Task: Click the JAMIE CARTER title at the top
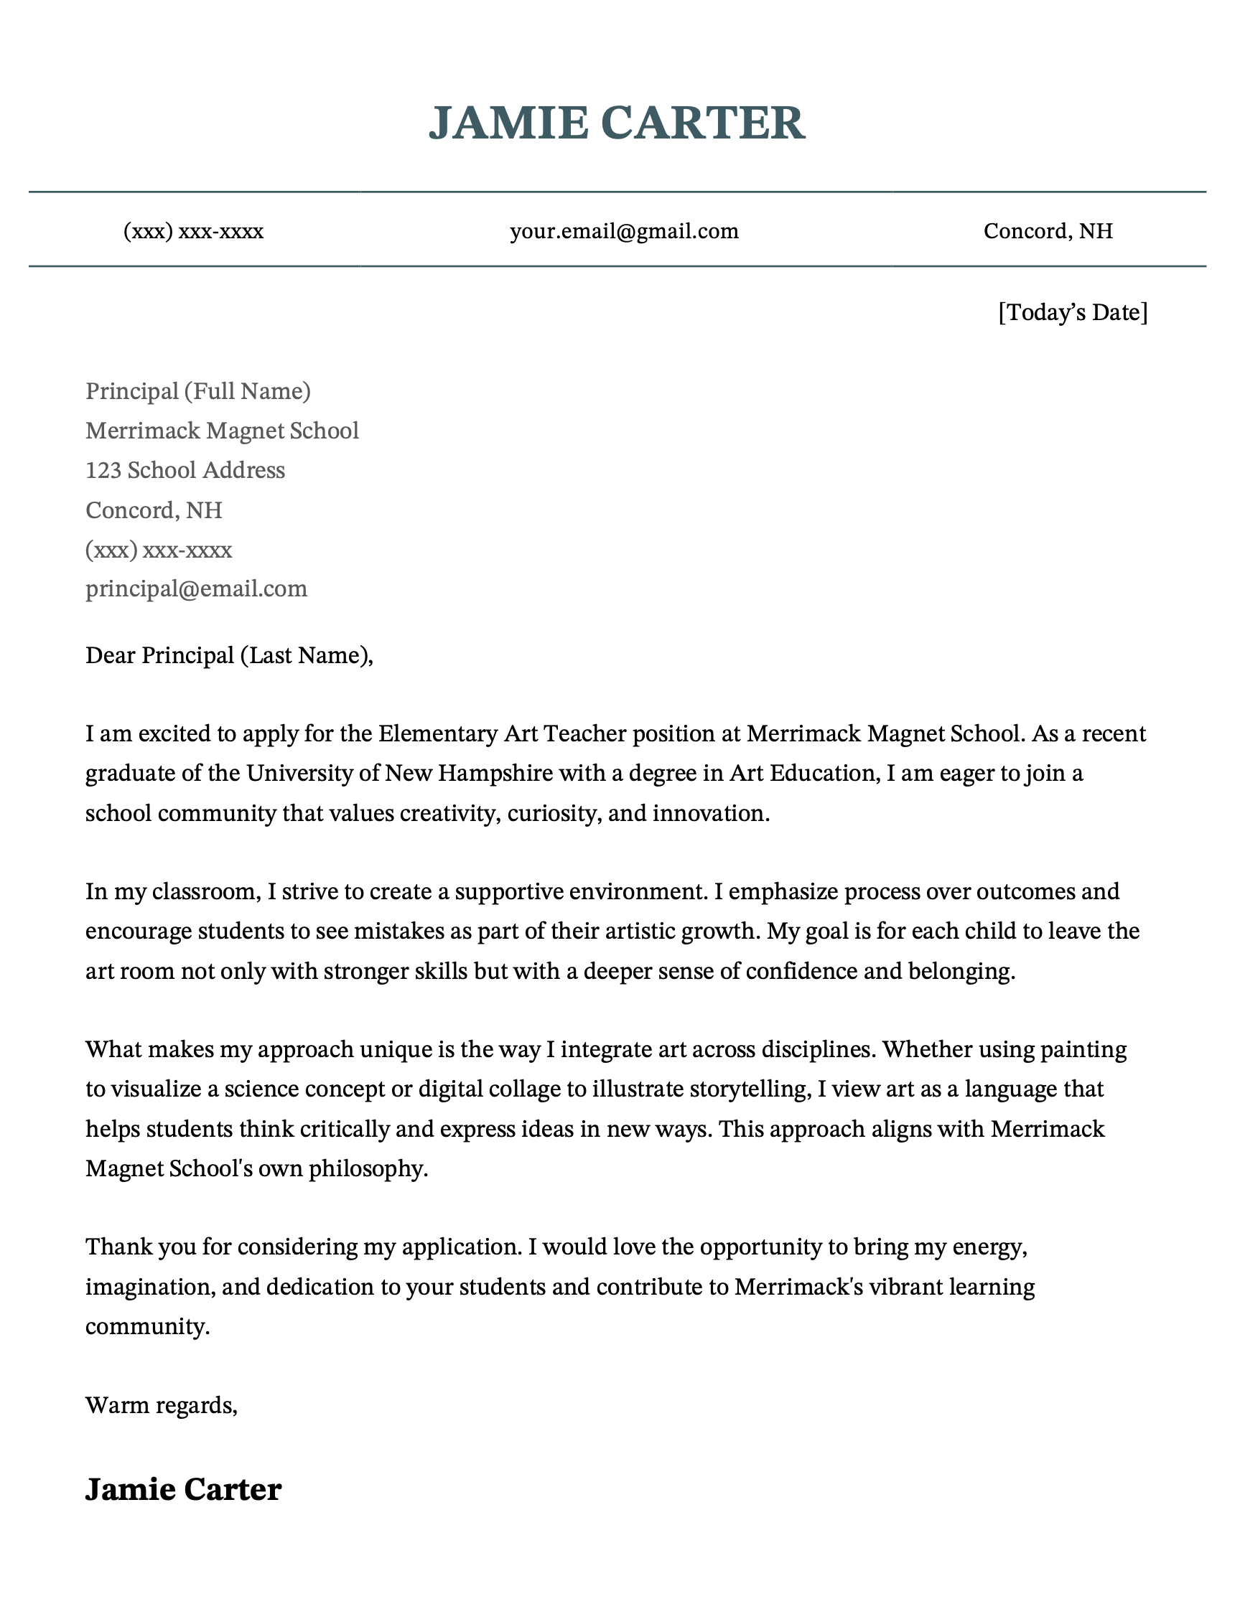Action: point(617,123)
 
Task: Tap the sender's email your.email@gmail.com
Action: point(624,231)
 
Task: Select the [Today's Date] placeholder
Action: point(1072,312)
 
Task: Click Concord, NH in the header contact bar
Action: point(1048,231)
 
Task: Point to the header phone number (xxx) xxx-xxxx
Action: point(193,231)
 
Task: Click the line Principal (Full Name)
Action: point(197,390)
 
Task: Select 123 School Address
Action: point(185,470)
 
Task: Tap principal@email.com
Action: point(196,588)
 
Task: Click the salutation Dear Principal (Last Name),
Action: point(229,655)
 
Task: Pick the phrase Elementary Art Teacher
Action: point(503,733)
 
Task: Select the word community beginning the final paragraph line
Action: point(146,1326)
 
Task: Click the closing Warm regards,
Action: point(161,1405)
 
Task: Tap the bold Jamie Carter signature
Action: point(183,1489)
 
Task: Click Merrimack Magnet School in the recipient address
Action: point(222,431)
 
